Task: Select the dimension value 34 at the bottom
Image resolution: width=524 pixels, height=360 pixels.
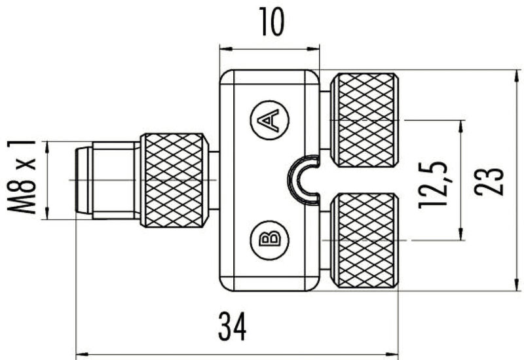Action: tap(232, 327)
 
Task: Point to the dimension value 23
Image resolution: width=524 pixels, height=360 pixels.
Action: tap(491, 180)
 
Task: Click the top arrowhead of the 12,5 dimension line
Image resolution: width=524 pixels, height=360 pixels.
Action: tap(462, 124)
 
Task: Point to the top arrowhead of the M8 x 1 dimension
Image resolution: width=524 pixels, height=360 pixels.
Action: tap(48, 145)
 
